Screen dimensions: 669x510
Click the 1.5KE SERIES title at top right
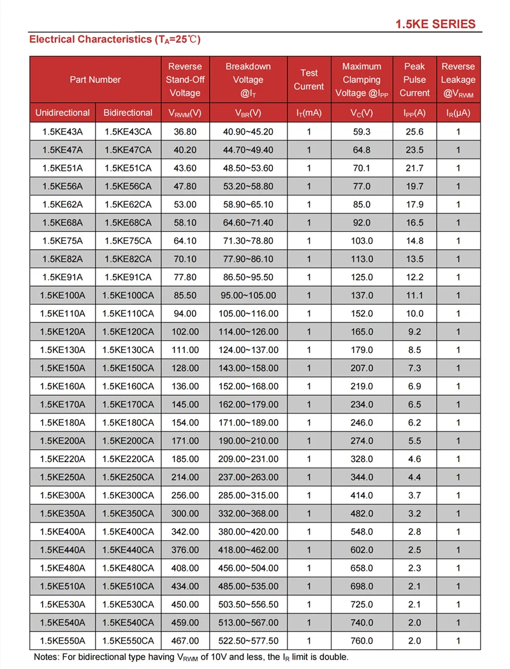click(x=435, y=24)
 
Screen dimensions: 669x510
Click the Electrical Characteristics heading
click(x=115, y=40)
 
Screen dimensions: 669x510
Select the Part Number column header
click(x=95, y=80)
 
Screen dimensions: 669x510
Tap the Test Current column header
click(x=309, y=80)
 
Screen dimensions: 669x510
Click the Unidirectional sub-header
click(x=62, y=113)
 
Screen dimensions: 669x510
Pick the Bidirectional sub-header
click(x=128, y=113)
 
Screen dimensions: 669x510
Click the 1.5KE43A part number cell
click(x=62, y=132)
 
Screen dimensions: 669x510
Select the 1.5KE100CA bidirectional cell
click(x=128, y=296)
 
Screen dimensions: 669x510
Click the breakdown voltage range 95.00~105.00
click(x=248, y=296)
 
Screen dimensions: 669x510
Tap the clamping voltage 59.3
click(x=361, y=132)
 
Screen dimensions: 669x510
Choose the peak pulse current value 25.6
click(x=414, y=132)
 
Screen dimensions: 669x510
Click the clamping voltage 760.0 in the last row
click(x=361, y=640)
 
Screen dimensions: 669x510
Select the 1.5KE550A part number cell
click(x=62, y=640)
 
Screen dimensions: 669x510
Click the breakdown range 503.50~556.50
click(x=248, y=604)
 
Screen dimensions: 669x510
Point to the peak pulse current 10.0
click(x=414, y=313)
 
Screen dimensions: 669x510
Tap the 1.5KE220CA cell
click(x=128, y=459)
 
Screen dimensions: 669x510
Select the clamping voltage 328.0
click(x=361, y=459)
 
